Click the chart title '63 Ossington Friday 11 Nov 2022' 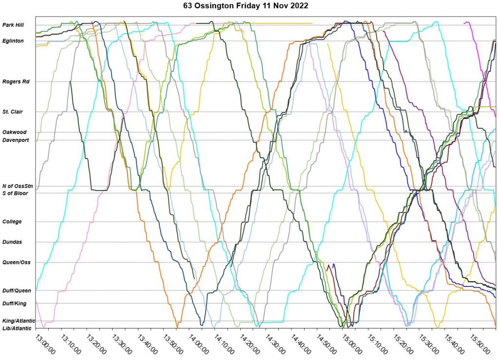(249, 6)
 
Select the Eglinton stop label (13, 41)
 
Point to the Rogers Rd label (16, 82)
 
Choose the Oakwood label (14, 132)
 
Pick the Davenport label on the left (16, 140)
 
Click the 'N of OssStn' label (18, 186)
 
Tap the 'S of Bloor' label (16, 193)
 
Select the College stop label (12, 222)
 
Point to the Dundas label (12, 242)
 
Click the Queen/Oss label (17, 263)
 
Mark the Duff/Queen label (17, 291)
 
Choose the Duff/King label (15, 303)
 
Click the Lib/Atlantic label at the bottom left (17, 328)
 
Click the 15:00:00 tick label (353, 343)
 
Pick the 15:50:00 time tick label (480, 343)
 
